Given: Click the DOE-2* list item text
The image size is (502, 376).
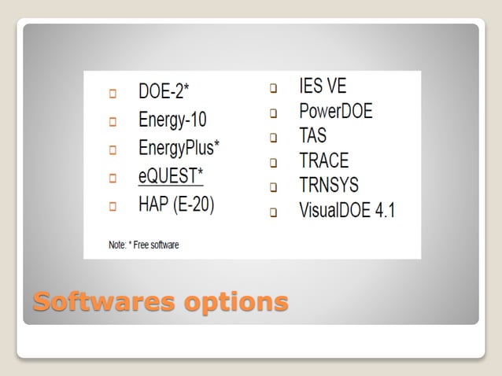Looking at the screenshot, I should [x=164, y=92].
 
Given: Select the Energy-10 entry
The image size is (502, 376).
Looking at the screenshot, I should [x=172, y=120].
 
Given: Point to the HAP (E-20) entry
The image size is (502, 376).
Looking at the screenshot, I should [x=176, y=205].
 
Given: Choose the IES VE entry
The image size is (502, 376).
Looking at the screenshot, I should [x=323, y=85].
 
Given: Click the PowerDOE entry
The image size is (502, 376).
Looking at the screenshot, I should [x=336, y=111].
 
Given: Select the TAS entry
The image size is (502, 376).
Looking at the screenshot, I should [x=312, y=136].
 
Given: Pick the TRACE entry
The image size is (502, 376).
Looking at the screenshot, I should [x=323, y=161].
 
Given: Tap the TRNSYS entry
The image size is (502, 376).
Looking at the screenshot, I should [x=329, y=186].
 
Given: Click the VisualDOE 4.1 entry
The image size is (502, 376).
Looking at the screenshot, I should [x=346, y=211].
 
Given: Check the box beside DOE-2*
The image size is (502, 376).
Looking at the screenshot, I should [x=113, y=94].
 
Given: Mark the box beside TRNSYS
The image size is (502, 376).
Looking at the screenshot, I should [x=274, y=188].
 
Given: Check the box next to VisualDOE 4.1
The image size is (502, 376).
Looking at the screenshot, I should [x=274, y=212].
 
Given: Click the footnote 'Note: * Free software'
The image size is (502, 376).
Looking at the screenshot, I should [x=143, y=245].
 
